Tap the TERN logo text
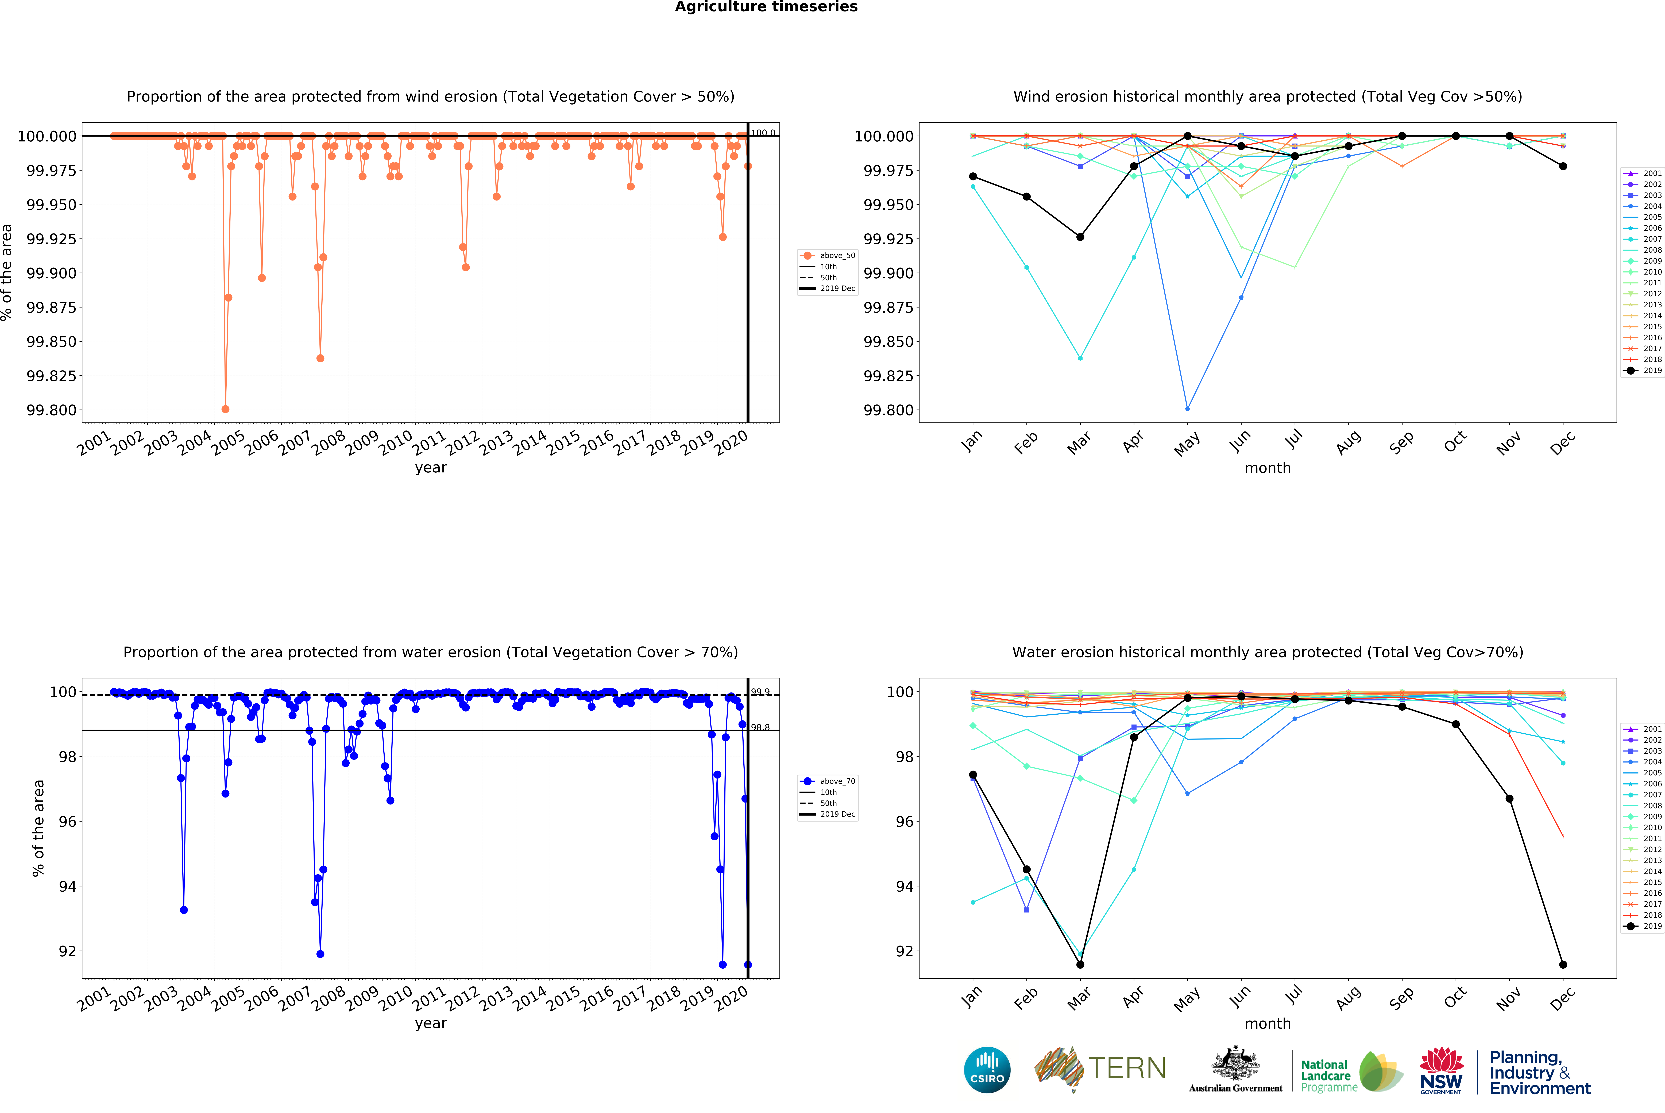pos(1127,1068)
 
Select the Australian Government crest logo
pos(1236,1065)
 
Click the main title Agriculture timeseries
pos(766,7)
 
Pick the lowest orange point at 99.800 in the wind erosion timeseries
pos(226,409)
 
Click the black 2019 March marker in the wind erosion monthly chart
pos(1080,237)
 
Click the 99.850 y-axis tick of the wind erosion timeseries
pos(51,341)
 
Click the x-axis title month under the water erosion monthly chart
pos(1268,1024)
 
